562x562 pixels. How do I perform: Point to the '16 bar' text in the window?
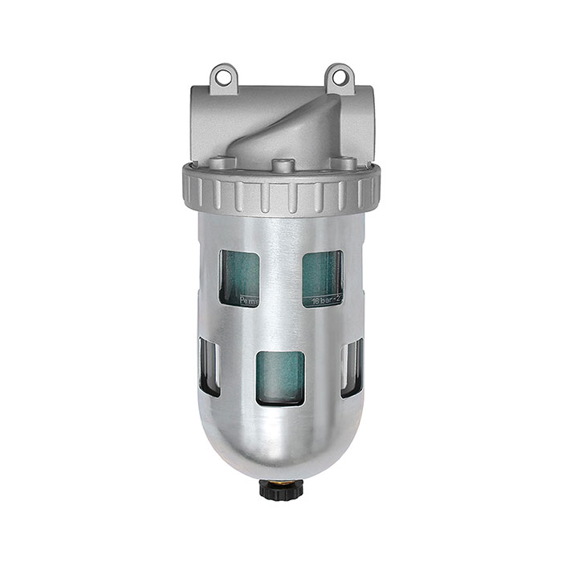(x=320, y=302)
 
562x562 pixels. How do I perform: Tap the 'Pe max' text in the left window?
(x=244, y=302)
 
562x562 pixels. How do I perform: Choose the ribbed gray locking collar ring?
(x=280, y=189)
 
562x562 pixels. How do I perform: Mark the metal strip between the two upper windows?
(x=280, y=277)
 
